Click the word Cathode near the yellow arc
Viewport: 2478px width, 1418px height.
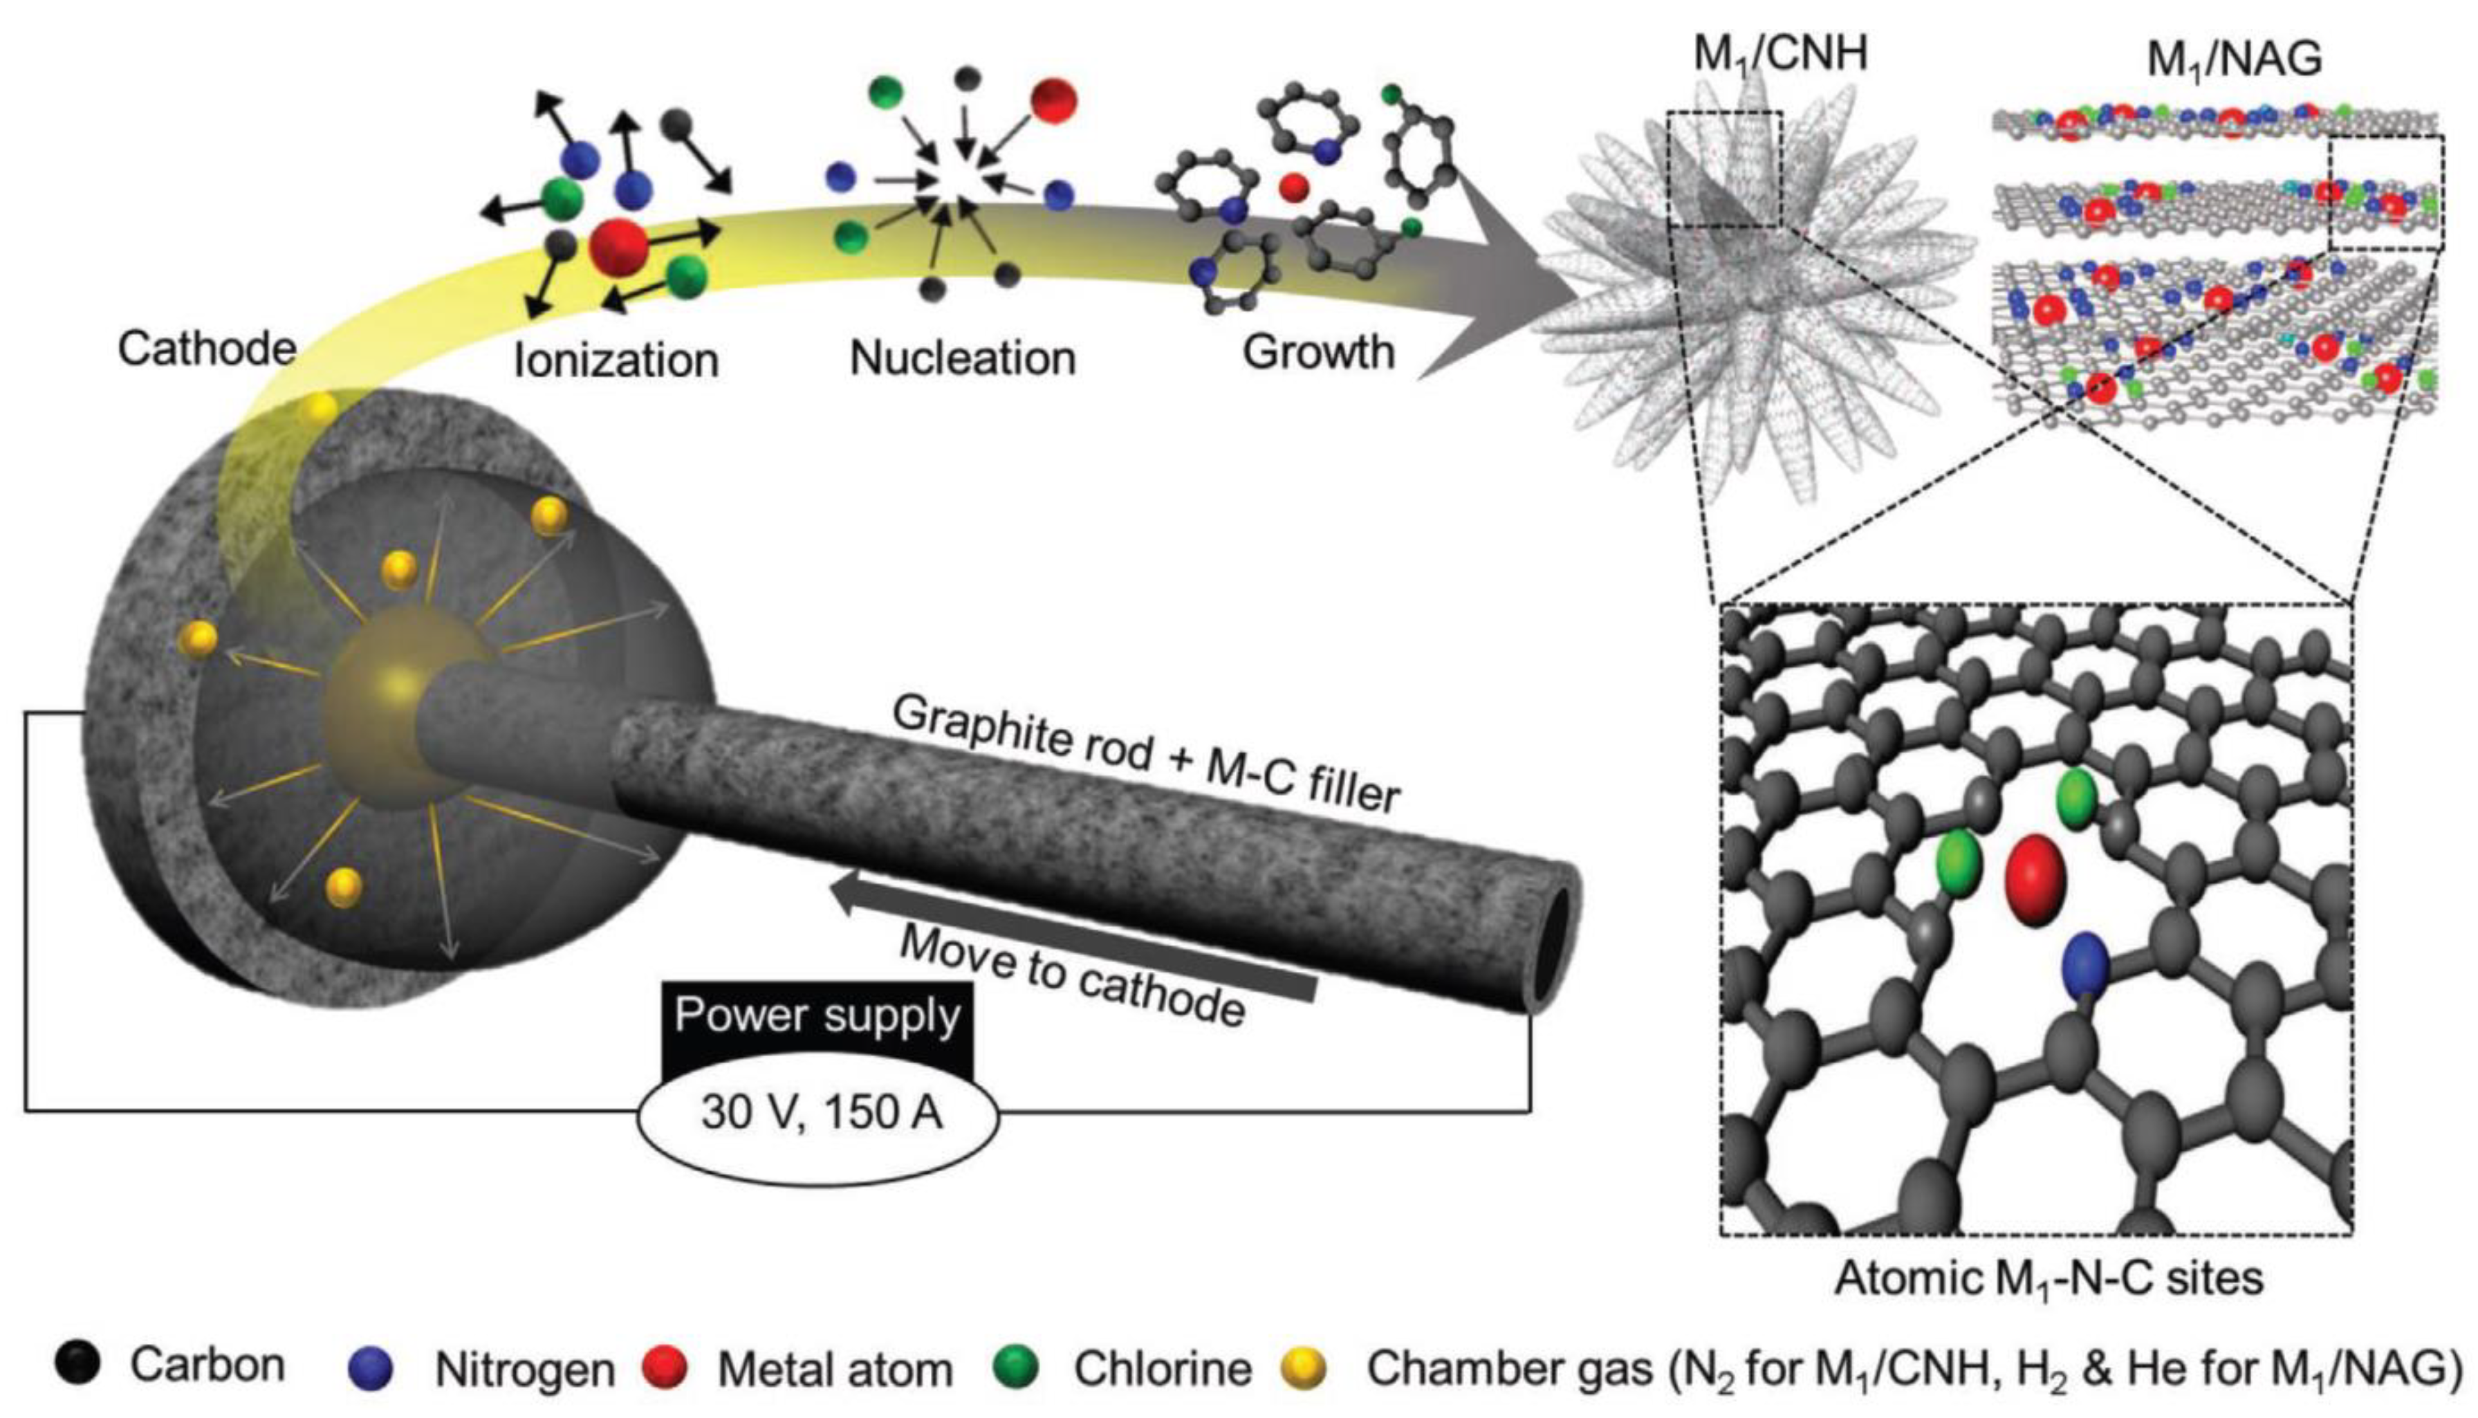[206, 349]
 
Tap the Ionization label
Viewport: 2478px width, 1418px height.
[616, 360]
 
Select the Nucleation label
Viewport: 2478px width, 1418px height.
[962, 358]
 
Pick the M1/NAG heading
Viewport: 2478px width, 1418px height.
[2234, 60]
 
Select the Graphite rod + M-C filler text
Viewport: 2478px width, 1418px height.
[1146, 753]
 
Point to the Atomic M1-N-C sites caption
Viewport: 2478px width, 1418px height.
[2048, 1278]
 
